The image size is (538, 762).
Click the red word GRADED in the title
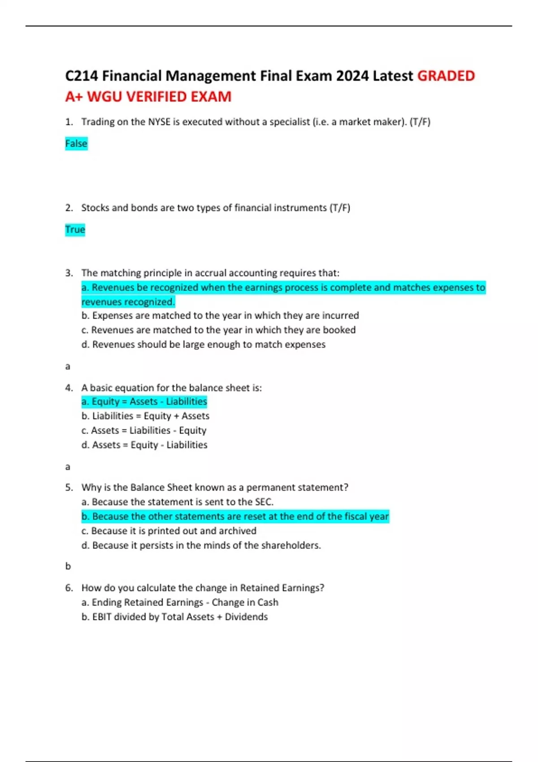click(x=446, y=76)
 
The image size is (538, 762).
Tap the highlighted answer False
click(x=76, y=143)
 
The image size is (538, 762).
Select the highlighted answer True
click(x=75, y=229)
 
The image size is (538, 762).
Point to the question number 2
click(x=69, y=208)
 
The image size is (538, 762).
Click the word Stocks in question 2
click(x=95, y=208)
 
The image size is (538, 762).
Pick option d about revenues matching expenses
click(x=204, y=345)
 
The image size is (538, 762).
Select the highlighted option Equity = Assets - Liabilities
click(x=144, y=402)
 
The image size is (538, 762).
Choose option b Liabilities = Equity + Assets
click(x=145, y=416)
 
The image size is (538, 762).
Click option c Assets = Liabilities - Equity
click(x=144, y=430)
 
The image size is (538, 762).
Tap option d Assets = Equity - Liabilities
click(x=144, y=445)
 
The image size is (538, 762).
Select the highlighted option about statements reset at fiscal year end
click(x=235, y=516)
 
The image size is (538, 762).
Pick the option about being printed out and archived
click(x=169, y=531)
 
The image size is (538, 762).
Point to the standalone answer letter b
click(x=68, y=566)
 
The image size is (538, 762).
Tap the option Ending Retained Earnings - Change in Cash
click(x=180, y=602)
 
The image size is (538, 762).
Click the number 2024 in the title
click(x=352, y=76)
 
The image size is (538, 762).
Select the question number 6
click(x=69, y=588)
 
